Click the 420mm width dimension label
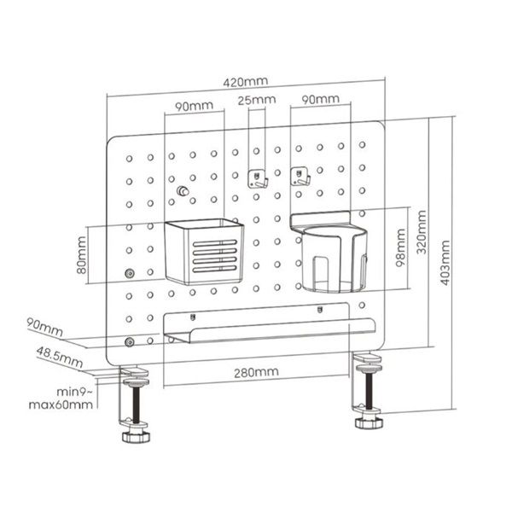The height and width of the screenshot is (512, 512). pos(246,81)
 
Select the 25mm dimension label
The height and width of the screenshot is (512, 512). pos(257,100)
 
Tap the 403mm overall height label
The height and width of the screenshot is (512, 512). pos(445,263)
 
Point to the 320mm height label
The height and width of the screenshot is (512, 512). pos(422,232)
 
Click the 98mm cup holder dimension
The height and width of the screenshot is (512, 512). pos(401,247)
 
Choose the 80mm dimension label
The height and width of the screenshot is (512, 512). pos(81,255)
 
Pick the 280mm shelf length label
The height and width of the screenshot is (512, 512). pos(256,372)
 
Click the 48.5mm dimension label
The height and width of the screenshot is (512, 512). pos(59,358)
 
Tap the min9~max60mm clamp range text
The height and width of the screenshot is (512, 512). pos(61,399)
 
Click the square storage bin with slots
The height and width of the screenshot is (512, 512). pos(204,252)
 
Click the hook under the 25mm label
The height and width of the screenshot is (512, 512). pos(258,179)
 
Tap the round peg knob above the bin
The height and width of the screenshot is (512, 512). pos(183,190)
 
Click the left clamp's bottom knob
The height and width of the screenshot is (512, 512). pos(137,436)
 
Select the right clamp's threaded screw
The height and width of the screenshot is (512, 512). pos(369,391)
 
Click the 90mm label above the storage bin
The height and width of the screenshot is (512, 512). pos(194,106)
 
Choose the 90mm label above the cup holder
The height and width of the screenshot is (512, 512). pos(320,99)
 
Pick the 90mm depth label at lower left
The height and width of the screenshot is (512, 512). pos(44,327)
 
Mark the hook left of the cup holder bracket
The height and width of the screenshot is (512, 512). pos(300,176)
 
